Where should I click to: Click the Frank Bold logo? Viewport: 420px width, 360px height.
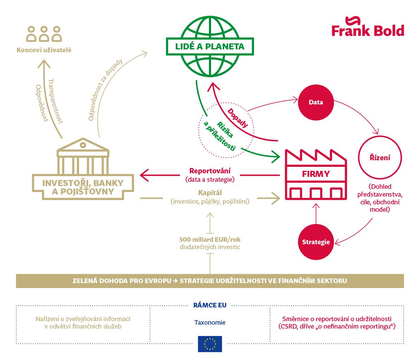pyautogui.click(x=368, y=26)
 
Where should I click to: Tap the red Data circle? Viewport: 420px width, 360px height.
pyautogui.click(x=316, y=102)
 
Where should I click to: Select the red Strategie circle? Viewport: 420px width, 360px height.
pyautogui.click(x=316, y=242)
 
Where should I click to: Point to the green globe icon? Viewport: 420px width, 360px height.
pyautogui.click(x=210, y=47)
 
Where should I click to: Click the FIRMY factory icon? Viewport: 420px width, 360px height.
pyautogui.click(x=316, y=174)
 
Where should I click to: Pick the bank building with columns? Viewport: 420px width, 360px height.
pyautogui.click(x=83, y=169)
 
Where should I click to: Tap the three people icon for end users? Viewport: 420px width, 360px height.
pyautogui.click(x=44, y=34)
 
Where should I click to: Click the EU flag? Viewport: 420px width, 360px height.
pyautogui.click(x=210, y=344)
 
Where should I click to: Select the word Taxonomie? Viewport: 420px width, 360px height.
pyautogui.click(x=210, y=323)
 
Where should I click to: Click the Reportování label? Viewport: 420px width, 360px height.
pyautogui.click(x=210, y=171)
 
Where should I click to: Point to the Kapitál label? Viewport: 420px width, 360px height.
pyautogui.click(x=210, y=193)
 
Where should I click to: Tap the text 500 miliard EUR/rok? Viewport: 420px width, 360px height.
pyautogui.click(x=210, y=239)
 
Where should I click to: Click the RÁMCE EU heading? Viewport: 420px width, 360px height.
pyautogui.click(x=210, y=305)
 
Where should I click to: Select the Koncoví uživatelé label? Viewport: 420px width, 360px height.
pyautogui.click(x=44, y=50)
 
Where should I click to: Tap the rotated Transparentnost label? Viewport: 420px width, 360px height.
pyautogui.click(x=55, y=101)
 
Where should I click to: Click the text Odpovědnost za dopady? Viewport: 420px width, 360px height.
pyautogui.click(x=105, y=90)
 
